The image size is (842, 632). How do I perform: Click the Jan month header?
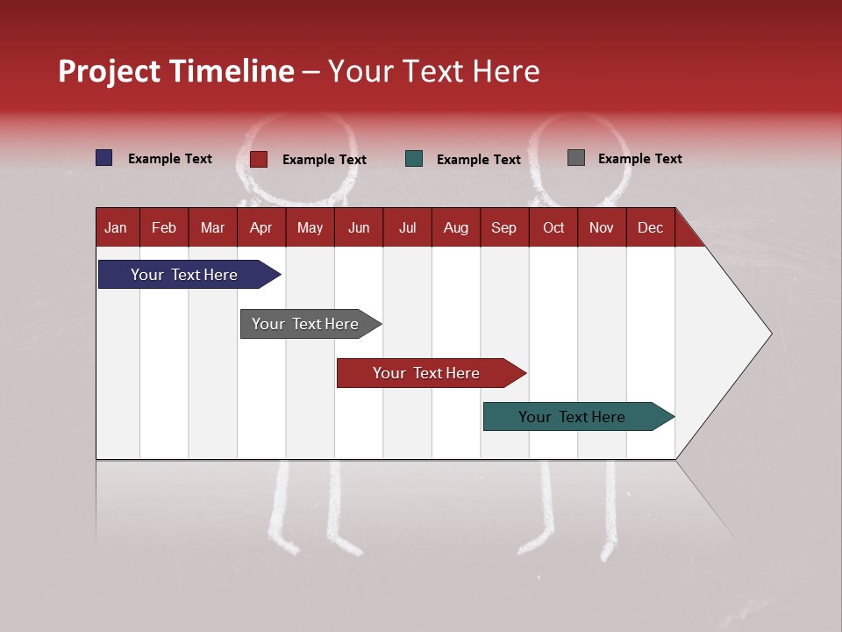(x=116, y=228)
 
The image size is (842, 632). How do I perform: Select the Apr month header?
(x=260, y=228)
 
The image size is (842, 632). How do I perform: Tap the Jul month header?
(x=407, y=228)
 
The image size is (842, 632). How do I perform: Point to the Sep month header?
(x=503, y=228)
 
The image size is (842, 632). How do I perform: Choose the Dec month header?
(x=650, y=228)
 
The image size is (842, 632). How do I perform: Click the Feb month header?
(x=164, y=228)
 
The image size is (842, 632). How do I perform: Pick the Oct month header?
(x=553, y=228)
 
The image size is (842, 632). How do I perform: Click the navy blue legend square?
(x=104, y=158)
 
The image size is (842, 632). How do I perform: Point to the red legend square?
(x=258, y=159)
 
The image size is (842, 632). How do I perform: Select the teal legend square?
(x=414, y=159)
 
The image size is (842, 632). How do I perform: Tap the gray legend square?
(x=576, y=158)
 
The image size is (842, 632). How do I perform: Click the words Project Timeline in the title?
(x=175, y=71)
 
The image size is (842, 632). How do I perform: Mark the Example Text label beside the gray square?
(x=639, y=159)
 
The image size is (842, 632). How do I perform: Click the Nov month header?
(x=601, y=228)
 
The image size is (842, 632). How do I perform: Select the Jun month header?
(x=358, y=228)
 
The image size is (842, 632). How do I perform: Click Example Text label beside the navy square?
(x=169, y=159)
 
